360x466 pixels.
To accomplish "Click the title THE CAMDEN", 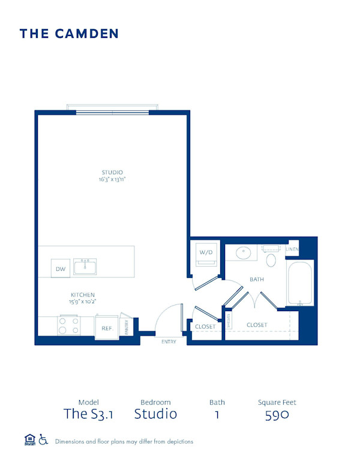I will (x=69, y=34).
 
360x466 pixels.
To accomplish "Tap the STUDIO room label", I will (x=112, y=172).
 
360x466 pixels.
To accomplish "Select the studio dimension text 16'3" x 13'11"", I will (x=112, y=180).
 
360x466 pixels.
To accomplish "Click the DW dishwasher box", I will (x=61, y=269).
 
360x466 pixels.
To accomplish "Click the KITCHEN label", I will (x=83, y=294).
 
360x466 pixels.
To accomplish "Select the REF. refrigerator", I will (x=107, y=328).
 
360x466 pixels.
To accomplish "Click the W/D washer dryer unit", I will (x=205, y=253).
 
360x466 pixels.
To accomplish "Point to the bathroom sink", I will (x=244, y=252).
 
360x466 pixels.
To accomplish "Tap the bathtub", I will (x=299, y=282).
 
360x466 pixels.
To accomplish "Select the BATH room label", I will (x=257, y=279).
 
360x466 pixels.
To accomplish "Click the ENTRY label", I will (x=169, y=342).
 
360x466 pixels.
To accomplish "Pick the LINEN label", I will (x=292, y=249).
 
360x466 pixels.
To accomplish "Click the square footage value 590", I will (x=277, y=414).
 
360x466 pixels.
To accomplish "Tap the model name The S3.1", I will (x=88, y=414).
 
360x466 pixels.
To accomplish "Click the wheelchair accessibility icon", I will (x=43, y=440).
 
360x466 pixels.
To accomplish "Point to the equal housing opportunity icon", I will (x=29, y=440).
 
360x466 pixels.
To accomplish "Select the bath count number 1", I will (x=217, y=414).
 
